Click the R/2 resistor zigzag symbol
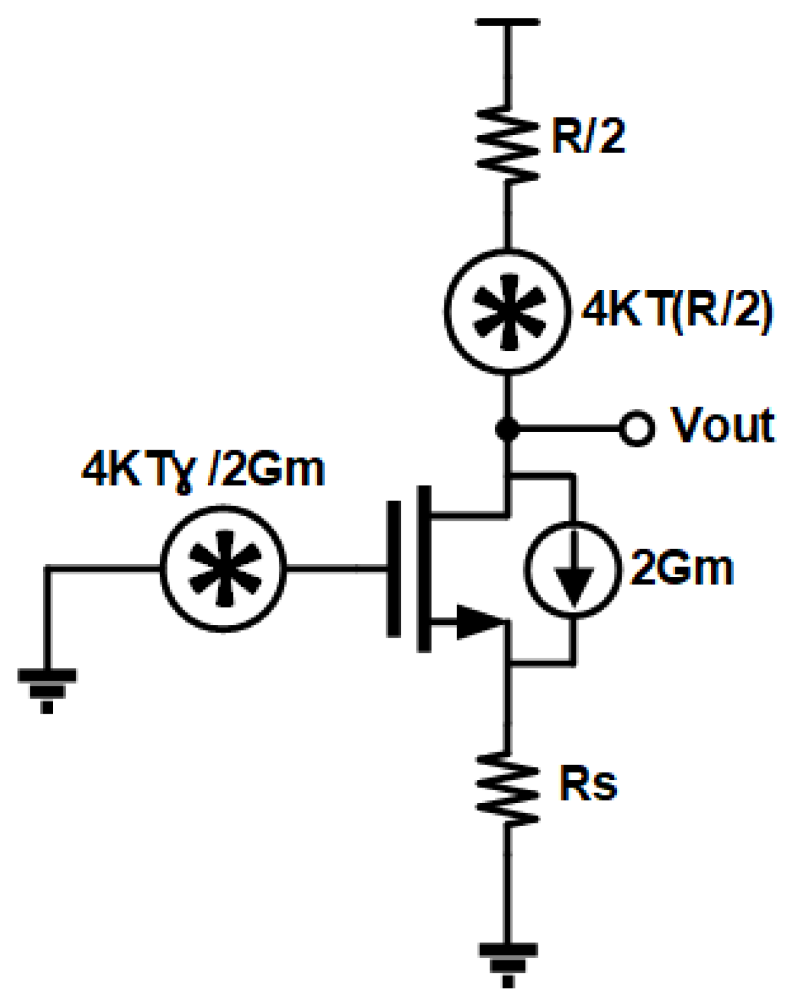(x=508, y=145)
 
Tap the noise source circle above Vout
(x=508, y=311)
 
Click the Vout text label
(x=722, y=426)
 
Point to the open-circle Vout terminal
(x=637, y=429)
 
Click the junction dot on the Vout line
(x=508, y=429)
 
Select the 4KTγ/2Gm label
(x=204, y=470)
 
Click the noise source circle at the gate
(x=223, y=568)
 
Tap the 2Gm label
(x=681, y=568)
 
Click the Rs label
(x=588, y=785)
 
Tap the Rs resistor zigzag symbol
(x=508, y=788)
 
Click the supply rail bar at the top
(x=508, y=22)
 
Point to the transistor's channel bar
(x=424, y=568)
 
